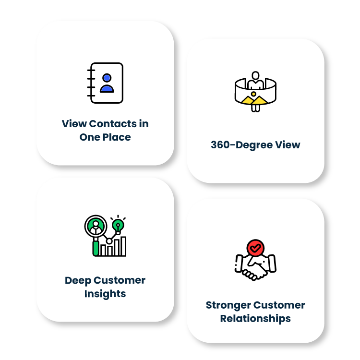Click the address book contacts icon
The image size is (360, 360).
105,83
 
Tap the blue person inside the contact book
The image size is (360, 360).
107,83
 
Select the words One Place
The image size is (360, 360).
105,137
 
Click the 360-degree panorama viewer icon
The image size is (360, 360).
255,91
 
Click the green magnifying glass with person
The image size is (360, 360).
96,227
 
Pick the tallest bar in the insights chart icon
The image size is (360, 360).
123,246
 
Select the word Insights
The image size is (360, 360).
105,294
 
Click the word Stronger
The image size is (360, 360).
228,305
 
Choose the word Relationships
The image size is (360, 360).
255,319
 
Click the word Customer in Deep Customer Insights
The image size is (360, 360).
119,280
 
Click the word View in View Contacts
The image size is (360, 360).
74,124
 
